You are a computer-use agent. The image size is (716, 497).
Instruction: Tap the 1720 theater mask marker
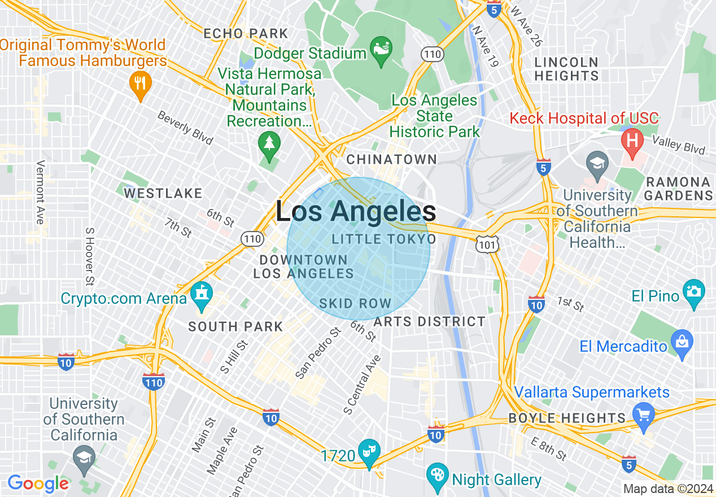(x=370, y=451)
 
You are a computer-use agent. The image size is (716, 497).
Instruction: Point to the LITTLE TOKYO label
(x=384, y=239)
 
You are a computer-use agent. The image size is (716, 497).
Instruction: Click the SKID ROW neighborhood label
(x=355, y=303)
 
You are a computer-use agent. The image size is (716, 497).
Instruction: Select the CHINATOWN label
(x=391, y=160)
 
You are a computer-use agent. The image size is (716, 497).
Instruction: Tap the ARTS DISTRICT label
(x=429, y=322)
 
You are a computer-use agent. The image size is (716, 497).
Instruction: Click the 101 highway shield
(x=485, y=243)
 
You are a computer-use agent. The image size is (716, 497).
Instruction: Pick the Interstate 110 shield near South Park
(x=153, y=381)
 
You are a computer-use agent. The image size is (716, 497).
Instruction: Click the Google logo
(x=38, y=483)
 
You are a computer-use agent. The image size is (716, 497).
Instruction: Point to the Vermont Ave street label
(x=40, y=192)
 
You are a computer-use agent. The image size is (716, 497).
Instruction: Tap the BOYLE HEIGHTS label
(x=567, y=418)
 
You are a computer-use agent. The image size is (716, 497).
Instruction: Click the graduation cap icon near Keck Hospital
(x=597, y=163)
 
